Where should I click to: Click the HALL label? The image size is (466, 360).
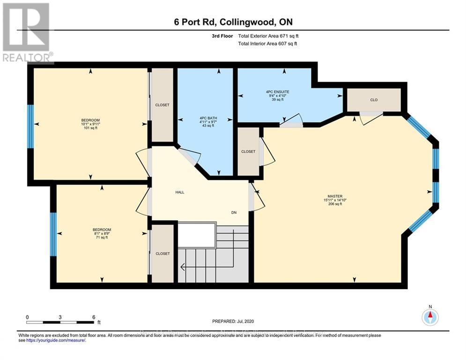[x=179, y=192]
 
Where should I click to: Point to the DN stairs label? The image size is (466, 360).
[x=234, y=212]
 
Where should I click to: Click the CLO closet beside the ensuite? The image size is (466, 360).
[x=373, y=100]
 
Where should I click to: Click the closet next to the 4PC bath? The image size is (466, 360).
[x=162, y=105]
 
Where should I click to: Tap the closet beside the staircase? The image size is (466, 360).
[x=163, y=254]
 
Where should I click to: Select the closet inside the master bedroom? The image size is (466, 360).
[x=248, y=151]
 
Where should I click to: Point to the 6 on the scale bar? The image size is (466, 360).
[x=94, y=317]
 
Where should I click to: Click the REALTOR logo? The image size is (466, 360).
[x=26, y=32]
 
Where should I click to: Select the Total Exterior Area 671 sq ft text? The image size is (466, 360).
[x=267, y=36]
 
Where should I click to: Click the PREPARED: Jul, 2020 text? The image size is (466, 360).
[x=233, y=322]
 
